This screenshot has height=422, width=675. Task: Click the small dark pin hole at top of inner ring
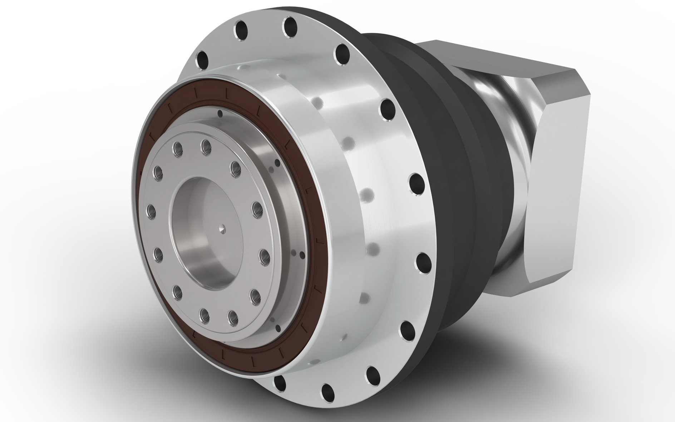[x=220, y=114]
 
